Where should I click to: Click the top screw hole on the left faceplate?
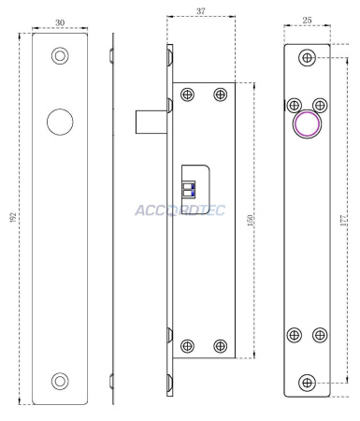[60, 57]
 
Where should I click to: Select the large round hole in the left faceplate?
[60, 122]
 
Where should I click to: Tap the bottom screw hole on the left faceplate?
[60, 380]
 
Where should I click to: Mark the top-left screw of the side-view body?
[188, 95]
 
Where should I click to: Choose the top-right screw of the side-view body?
[220, 95]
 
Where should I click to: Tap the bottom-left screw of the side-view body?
[188, 344]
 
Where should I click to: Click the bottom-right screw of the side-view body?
[220, 344]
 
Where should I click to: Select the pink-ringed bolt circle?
[307, 126]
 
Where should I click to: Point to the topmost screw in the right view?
[307, 59]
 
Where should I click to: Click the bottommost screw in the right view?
[307, 382]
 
